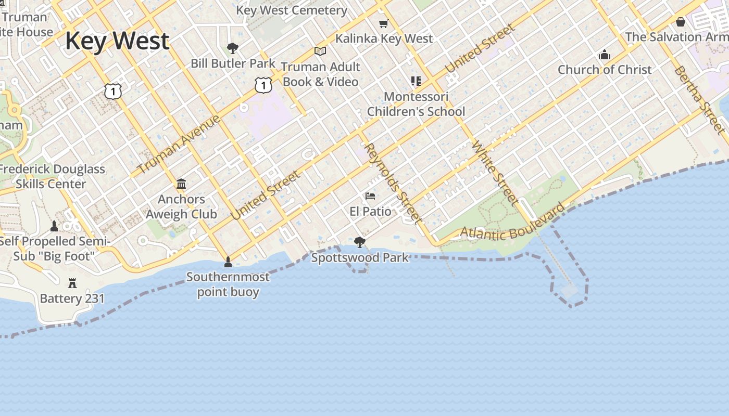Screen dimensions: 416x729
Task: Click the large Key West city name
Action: click(x=117, y=41)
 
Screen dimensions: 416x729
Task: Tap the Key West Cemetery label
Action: click(x=291, y=10)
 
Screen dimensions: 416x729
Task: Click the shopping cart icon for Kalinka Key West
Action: click(x=384, y=23)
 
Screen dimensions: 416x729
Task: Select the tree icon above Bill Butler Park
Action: click(x=233, y=48)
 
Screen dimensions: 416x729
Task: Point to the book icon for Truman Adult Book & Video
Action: click(x=320, y=51)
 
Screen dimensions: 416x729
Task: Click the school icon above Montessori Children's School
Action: click(x=416, y=81)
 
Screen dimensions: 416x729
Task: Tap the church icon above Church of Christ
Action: click(x=605, y=54)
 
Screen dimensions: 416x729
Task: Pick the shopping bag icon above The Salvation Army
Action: click(x=680, y=21)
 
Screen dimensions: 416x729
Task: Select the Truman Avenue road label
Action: click(x=179, y=144)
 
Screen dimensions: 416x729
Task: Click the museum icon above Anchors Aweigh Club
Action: click(x=181, y=184)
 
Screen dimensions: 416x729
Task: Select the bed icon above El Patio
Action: click(x=370, y=196)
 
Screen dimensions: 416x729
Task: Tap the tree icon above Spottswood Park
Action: click(x=359, y=242)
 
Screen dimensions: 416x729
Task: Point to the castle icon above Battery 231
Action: click(x=72, y=283)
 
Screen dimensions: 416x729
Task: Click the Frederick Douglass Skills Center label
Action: click(x=52, y=176)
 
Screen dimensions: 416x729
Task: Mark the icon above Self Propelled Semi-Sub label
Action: click(x=54, y=226)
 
